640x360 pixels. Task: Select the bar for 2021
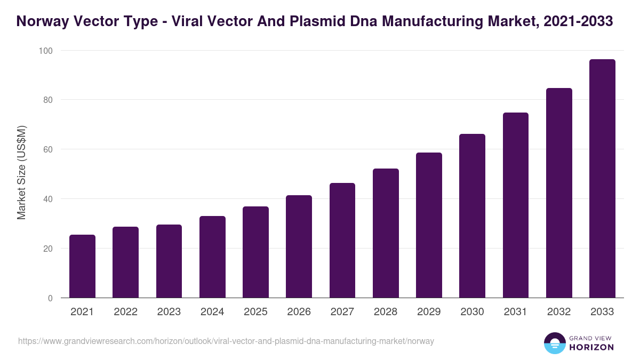pyautogui.click(x=82, y=266)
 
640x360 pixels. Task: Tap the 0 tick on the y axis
pyautogui.click(x=50, y=298)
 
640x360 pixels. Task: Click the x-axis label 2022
pyautogui.click(x=125, y=312)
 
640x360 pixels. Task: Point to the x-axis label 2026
pyautogui.click(x=299, y=312)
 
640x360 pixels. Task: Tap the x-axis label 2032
pyautogui.click(x=558, y=312)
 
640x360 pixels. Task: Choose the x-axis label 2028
pyautogui.click(x=386, y=312)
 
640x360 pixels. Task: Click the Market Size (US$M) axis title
pyautogui.click(x=21, y=172)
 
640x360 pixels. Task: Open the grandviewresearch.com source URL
pyautogui.click(x=226, y=341)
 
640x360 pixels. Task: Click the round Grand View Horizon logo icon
pyautogui.click(x=554, y=343)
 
